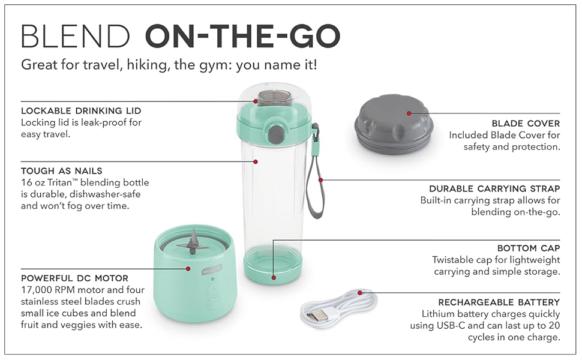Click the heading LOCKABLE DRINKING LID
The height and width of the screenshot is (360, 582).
pos(81,110)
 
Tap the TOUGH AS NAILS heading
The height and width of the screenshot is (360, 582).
pos(62,171)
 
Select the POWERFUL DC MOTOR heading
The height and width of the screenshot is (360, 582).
pos(74,278)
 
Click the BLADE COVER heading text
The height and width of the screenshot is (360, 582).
pos(526,123)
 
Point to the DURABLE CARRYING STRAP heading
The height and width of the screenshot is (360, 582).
pos(494,188)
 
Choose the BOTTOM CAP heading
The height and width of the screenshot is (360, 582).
pos(529,248)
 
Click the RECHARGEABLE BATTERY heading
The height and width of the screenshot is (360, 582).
pos(499,302)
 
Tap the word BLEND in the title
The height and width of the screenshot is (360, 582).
pos(76,36)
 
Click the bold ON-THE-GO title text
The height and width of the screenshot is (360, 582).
pos(243,36)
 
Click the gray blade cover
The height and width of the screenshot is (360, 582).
pos(394,124)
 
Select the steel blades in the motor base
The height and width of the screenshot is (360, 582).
pos(192,244)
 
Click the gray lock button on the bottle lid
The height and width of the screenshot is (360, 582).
pos(275,134)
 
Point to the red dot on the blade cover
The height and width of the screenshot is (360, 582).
pos(409,113)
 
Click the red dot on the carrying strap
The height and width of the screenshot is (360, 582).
pos(320,180)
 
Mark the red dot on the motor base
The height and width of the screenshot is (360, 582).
pos(188,269)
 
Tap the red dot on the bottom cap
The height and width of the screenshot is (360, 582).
pos(274,278)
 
